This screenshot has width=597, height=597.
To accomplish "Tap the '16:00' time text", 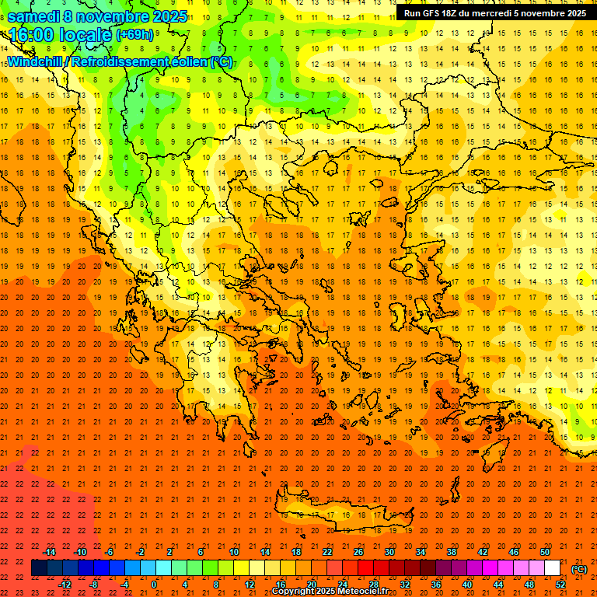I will [x=31, y=35].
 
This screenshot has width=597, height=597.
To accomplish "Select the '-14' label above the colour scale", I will [x=50, y=551].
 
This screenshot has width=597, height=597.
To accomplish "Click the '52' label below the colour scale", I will [x=560, y=585].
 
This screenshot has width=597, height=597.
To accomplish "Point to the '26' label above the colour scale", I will [x=358, y=551].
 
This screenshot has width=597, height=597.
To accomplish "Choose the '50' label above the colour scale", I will [x=544, y=551].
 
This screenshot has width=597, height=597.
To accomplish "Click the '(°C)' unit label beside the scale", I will [x=579, y=569].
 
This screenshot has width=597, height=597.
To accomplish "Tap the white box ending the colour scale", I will [x=552, y=568].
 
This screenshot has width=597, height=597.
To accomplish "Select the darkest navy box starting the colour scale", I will [x=39, y=568].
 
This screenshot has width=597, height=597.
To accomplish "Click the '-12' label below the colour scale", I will [x=65, y=585].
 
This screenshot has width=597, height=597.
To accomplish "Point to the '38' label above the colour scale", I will [x=451, y=551].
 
